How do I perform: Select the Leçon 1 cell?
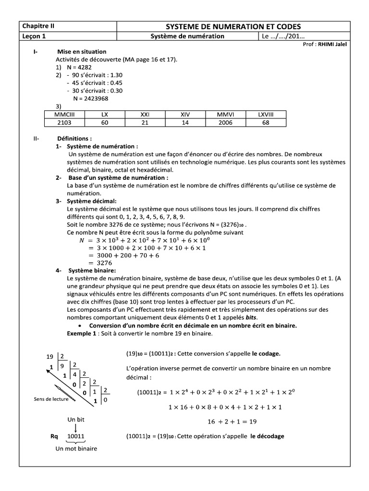34,36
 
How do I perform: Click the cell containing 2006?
225,123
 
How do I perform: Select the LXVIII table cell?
265,115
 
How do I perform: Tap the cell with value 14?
185,123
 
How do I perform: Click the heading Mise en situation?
82,52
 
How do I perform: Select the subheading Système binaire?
92,271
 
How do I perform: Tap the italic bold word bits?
249,318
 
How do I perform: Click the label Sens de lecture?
50,399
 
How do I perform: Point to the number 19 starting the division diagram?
49,357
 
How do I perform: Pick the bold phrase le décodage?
267,436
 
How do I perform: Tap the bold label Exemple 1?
82,333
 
